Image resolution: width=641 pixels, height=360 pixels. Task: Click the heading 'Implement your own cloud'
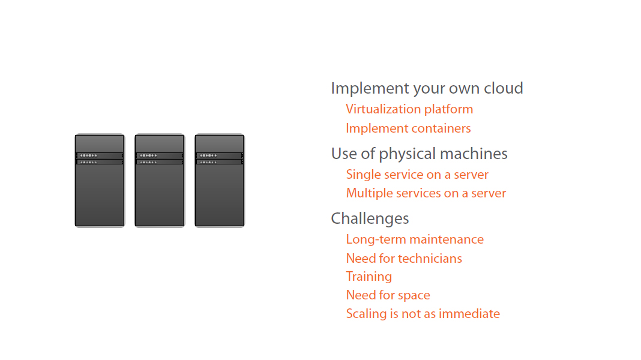427,89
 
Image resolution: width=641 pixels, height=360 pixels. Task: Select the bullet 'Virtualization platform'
409,110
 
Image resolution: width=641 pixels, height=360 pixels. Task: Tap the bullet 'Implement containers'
408,128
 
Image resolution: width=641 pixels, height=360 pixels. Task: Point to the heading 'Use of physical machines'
419,154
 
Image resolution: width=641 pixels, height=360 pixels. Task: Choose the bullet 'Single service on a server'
417,175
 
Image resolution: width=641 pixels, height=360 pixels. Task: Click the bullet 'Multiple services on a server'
426,193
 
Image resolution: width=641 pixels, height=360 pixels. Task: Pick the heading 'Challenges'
370,218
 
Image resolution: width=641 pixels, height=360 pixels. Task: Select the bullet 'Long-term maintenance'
415,239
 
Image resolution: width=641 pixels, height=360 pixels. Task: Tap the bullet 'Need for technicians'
404,259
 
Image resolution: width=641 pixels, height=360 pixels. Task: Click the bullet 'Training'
369,277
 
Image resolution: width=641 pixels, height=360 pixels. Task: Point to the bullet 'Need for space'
388,295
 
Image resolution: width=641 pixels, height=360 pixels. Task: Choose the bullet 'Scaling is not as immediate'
423,314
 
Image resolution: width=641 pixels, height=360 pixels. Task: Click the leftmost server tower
100,181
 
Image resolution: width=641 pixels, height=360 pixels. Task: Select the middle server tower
160,181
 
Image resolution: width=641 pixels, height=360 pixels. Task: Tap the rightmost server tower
220,181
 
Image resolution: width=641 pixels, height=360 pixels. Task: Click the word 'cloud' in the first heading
503,88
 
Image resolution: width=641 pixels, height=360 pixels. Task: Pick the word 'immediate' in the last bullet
469,314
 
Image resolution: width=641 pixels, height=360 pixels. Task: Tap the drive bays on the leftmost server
100,158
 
